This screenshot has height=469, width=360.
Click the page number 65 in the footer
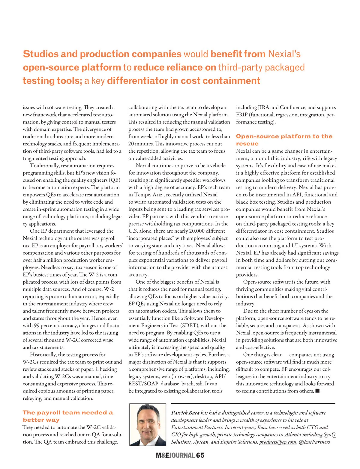tap(200, 456)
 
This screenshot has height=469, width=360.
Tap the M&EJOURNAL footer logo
tap(175, 456)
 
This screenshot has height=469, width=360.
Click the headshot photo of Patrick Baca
tap(148, 425)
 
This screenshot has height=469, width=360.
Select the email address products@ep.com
tap(278, 442)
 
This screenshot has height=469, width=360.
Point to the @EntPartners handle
tap(314, 442)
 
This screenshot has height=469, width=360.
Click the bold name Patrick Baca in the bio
tap(185, 413)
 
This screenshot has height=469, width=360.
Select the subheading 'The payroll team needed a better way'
tap(68, 416)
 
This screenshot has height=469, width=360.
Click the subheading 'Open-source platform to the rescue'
tap(284, 140)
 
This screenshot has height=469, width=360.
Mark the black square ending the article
tap(317, 391)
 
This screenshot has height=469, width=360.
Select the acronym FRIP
tap(242, 115)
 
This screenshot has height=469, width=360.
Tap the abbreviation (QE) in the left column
tap(115, 180)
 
